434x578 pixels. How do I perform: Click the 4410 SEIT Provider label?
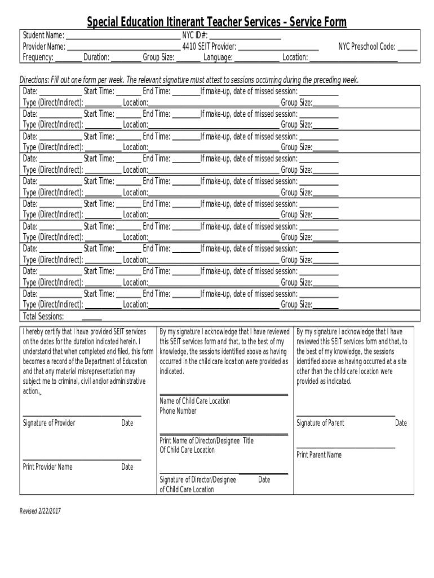tap(209, 47)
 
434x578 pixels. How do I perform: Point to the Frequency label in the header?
tap(38, 58)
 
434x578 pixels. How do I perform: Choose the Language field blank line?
tap(256, 59)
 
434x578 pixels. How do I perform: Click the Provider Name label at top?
tap(44, 47)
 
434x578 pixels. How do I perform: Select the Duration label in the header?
tap(96, 58)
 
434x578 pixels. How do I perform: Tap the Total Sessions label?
tap(43, 317)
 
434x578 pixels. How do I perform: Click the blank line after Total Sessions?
tap(92, 319)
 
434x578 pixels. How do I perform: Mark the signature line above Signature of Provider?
tap(82, 416)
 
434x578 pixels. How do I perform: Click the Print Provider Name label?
tap(47, 467)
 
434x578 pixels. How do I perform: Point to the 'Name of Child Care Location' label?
tap(194, 401)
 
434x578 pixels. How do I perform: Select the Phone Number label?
tap(178, 411)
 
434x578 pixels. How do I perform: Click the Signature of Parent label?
tap(320, 423)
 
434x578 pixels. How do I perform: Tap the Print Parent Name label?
tap(319, 455)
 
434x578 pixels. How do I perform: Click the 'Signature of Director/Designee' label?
tap(198, 479)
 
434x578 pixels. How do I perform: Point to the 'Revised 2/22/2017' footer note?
tap(40, 511)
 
